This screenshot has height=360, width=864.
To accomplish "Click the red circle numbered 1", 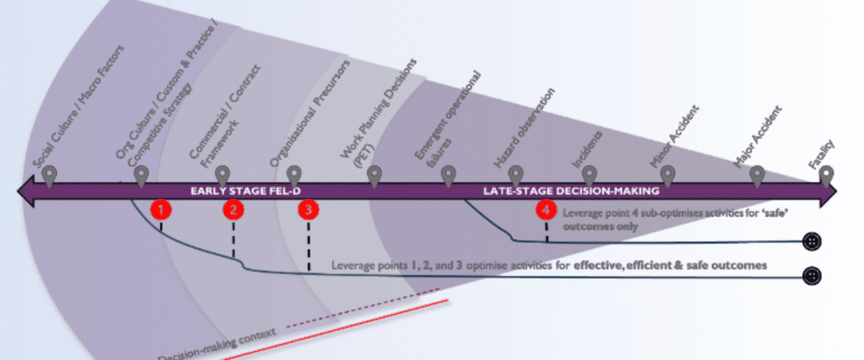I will coord(161,210).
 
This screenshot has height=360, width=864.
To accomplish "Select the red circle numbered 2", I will coord(233,210).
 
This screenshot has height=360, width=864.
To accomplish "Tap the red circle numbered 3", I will coord(308,210).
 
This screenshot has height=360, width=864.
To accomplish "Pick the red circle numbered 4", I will coord(546,210).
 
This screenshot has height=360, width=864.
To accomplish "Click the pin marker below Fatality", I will coord(827,175).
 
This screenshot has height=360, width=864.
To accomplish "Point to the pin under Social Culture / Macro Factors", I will coord(50,175).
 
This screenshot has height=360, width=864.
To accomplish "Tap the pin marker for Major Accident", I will coord(757,175).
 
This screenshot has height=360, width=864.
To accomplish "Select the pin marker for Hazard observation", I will coord(516,175).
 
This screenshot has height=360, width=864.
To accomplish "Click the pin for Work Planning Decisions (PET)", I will coord(374,175).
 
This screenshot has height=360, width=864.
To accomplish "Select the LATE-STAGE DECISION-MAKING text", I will coord(571,192).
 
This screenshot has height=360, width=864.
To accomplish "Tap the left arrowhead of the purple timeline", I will coord(24,192).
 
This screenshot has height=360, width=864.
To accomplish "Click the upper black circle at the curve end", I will coord(812,241).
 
